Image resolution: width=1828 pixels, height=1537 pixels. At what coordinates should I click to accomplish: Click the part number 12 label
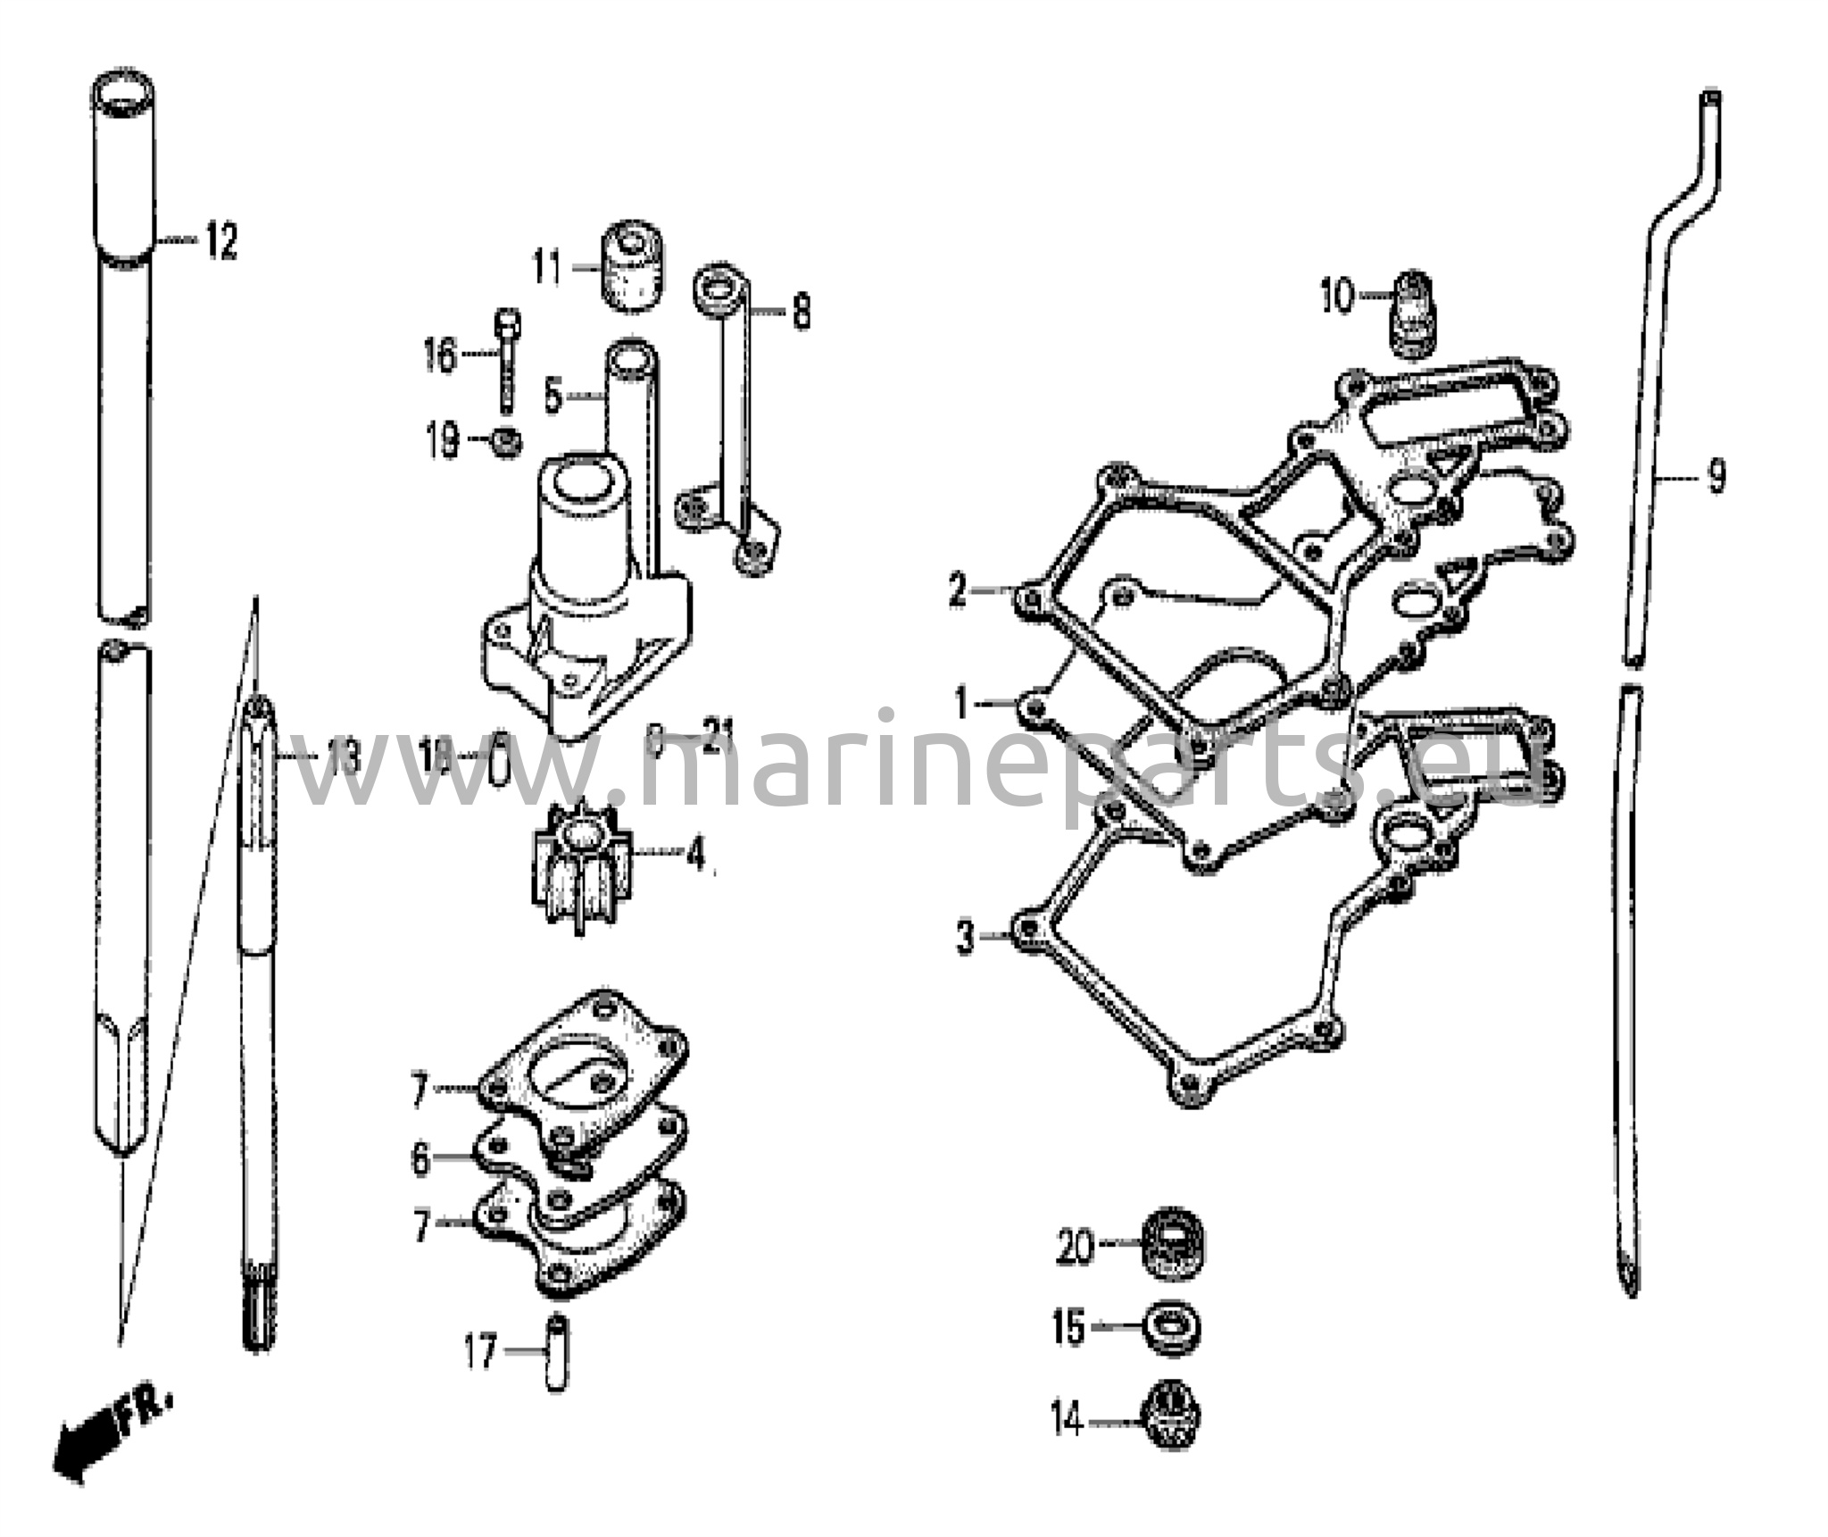(221, 242)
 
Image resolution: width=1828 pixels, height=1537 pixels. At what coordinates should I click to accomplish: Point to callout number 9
(1716, 477)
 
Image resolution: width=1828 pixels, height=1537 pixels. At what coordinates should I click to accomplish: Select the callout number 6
(420, 1160)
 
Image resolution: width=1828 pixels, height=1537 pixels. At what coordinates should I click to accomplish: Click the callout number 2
(958, 590)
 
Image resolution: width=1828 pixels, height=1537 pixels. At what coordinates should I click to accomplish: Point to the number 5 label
(554, 397)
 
